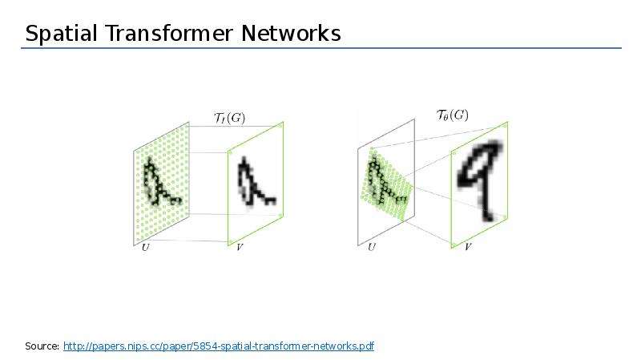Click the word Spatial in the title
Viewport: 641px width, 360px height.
click(x=62, y=34)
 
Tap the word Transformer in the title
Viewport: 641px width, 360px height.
click(x=169, y=33)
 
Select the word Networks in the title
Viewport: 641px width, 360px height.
click(x=291, y=33)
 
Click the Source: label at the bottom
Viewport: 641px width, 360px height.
click(x=42, y=346)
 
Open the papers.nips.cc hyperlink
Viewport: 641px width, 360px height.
click(x=219, y=346)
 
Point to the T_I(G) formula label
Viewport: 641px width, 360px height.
click(x=230, y=118)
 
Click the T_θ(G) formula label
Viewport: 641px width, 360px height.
click(x=452, y=115)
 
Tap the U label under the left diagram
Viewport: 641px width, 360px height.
click(x=145, y=247)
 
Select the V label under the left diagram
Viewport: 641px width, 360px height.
click(x=240, y=247)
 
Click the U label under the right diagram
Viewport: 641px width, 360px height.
click(x=371, y=247)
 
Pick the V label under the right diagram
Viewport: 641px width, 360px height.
click(x=468, y=247)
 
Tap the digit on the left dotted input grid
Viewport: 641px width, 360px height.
click(x=161, y=182)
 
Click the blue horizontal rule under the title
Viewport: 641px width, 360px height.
click(x=321, y=48)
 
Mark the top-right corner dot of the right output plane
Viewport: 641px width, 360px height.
click(x=506, y=126)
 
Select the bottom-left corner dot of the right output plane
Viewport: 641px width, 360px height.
click(x=454, y=245)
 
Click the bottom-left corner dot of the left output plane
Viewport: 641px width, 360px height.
click(x=230, y=242)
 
